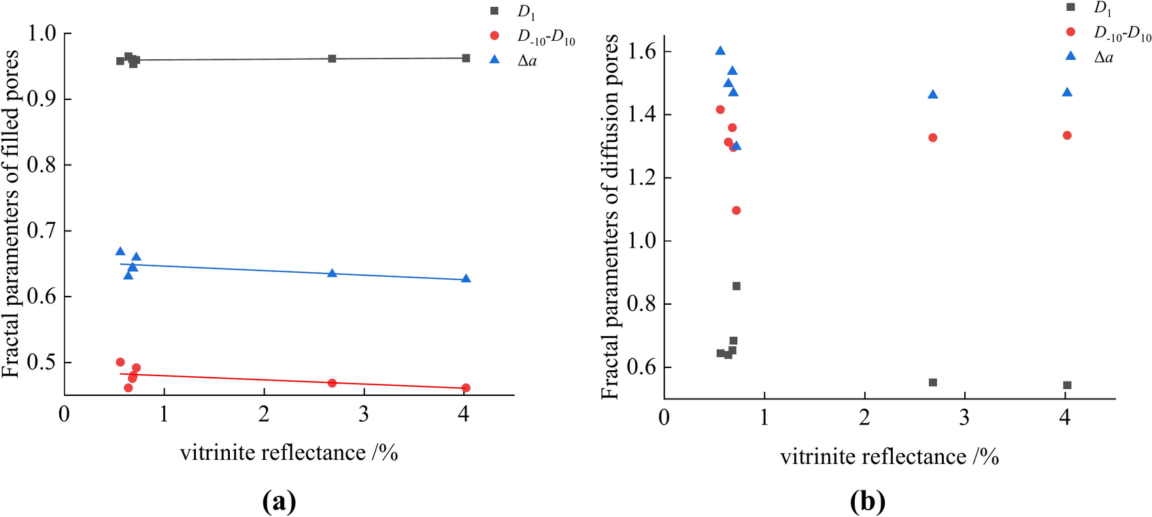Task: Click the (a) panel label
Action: coord(279,502)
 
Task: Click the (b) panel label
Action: coord(868,502)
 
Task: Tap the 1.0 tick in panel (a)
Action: coord(42,33)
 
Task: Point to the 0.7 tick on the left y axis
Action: coord(42,231)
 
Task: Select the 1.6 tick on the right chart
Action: coord(642,52)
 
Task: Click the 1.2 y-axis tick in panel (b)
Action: coord(642,178)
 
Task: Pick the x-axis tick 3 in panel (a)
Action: coord(364,414)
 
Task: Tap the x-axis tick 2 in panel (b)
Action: coord(864,417)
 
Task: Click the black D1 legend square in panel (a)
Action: coord(494,11)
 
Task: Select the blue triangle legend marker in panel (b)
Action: coord(1071,56)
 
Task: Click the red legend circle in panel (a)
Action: coord(494,35)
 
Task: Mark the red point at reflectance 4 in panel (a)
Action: coord(466,388)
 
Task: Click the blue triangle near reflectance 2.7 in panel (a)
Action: coord(332,273)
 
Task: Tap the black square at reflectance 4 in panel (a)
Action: coord(466,58)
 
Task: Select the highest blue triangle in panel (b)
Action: coord(720,51)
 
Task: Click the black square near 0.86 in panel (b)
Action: coord(736,286)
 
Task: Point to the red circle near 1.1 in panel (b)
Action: coord(736,210)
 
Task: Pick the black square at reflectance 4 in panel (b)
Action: coord(1067,385)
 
